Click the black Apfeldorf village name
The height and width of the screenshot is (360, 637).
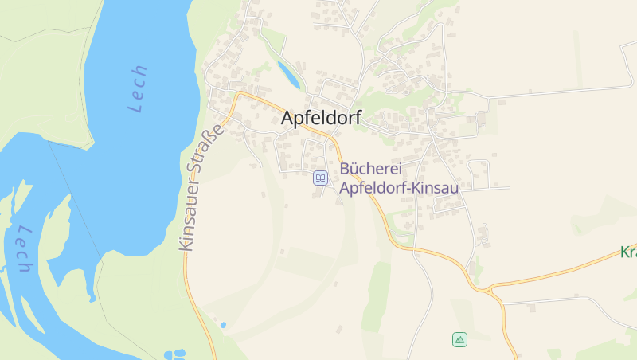[321, 118]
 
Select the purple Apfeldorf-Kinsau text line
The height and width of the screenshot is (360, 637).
[399, 188]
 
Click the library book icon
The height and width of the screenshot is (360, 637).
[320, 178]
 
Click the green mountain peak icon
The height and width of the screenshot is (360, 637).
[459, 340]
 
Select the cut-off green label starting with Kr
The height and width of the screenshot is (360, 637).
[628, 252]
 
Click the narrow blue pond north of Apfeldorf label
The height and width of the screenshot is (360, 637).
[288, 74]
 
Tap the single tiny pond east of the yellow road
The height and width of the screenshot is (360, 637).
[223, 325]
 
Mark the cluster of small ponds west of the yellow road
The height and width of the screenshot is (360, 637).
[174, 354]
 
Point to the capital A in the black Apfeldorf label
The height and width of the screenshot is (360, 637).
[288, 118]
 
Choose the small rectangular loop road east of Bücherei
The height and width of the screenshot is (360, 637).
[479, 170]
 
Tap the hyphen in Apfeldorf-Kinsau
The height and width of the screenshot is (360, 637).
[416, 189]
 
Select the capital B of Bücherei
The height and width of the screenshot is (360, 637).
[345, 169]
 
